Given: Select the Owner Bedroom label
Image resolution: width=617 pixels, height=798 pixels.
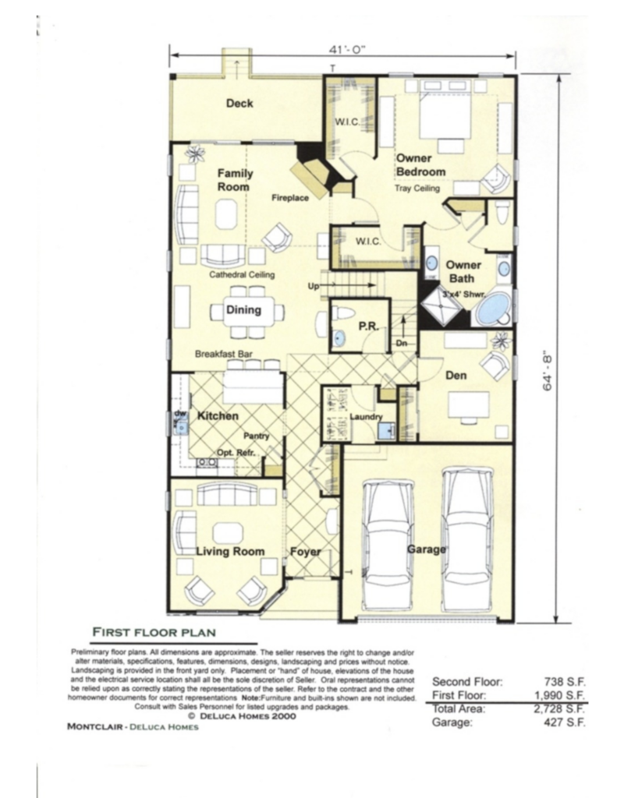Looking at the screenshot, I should pos(420,165).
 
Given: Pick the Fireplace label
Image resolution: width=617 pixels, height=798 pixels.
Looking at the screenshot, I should pos(290,198).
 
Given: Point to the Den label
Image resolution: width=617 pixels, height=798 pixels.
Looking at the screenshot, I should pos(456,376).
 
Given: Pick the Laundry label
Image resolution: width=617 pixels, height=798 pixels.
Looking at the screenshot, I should pos(364,417).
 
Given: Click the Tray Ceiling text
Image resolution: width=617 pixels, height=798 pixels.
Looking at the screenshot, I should pos(417,189).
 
